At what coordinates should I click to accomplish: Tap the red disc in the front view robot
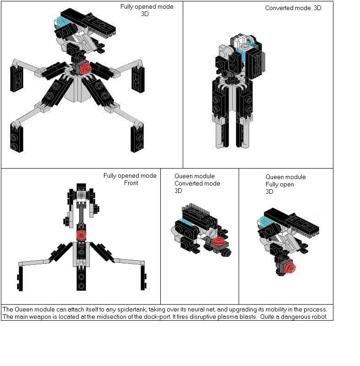tap(81, 235)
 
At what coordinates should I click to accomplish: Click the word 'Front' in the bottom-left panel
tap(131, 183)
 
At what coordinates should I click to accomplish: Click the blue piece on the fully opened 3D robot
tap(62, 22)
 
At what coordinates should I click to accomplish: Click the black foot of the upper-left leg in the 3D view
tap(16, 78)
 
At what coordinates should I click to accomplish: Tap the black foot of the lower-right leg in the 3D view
tap(137, 138)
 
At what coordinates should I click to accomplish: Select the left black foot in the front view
tap(20, 279)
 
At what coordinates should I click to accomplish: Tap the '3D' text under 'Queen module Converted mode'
tap(178, 191)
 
